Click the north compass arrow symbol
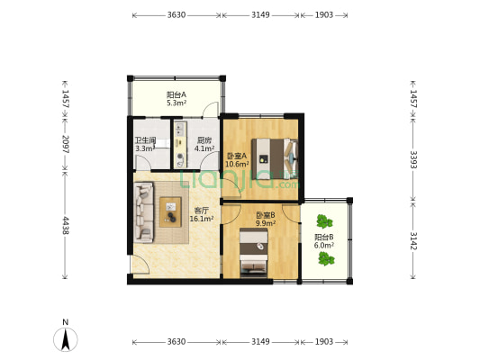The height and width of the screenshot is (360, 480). click(65, 339)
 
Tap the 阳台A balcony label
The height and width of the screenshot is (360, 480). click(177, 94)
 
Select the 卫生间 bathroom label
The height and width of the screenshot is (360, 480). click(146, 140)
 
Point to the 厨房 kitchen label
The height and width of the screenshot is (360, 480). click(204, 140)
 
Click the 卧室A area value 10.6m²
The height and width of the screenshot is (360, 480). click(237, 164)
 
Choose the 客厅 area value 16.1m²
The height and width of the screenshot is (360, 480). click(202, 219)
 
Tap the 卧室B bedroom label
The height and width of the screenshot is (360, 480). click(266, 215)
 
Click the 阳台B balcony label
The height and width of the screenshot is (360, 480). click(324, 237)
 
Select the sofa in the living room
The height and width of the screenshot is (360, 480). click(143, 212)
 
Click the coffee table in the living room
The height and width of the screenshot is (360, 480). click(170, 212)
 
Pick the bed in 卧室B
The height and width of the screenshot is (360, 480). click(253, 252)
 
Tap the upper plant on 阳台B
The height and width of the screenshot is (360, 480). click(324, 221)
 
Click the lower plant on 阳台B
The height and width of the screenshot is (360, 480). click(326, 259)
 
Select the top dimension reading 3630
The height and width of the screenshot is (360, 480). click(177, 15)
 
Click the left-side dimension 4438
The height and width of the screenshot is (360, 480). click(66, 225)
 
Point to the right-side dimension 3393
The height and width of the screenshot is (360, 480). click(413, 159)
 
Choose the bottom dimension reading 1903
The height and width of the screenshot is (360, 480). click(324, 341)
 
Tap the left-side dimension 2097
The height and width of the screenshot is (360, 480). click(66, 144)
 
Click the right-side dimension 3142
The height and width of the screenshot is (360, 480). click(413, 240)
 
